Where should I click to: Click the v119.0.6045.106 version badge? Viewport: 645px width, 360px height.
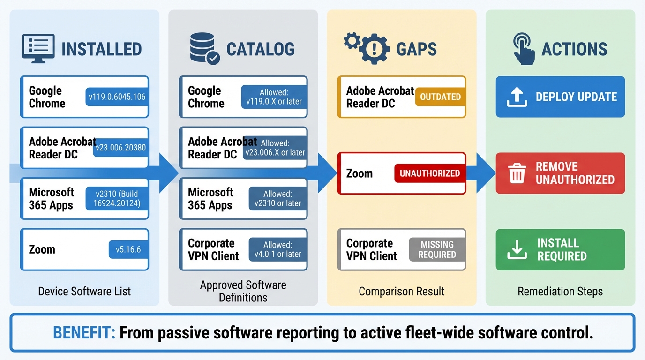point(117,97)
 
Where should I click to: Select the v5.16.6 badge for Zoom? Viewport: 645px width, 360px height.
point(128,249)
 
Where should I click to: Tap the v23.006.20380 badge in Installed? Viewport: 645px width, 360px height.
point(120,148)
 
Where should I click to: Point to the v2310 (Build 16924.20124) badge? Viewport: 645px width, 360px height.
point(117,199)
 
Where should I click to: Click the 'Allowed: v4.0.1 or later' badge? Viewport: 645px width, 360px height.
point(277,249)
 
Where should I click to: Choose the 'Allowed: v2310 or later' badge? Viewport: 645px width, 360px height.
point(277,199)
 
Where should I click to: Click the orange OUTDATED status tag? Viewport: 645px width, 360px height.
point(440,97)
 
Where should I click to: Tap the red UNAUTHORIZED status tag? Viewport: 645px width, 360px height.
point(429,173)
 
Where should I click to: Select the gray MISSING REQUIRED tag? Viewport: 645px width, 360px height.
point(437,249)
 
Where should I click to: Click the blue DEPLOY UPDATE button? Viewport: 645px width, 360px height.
point(560,97)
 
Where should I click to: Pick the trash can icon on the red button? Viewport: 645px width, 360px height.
point(517,173)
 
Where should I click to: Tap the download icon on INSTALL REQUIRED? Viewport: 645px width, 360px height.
point(517,250)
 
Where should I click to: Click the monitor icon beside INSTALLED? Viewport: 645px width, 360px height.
point(38,48)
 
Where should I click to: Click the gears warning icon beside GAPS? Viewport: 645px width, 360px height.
point(367,47)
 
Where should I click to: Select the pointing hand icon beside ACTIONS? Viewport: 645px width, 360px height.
point(524,48)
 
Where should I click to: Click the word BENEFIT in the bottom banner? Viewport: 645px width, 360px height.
point(84,333)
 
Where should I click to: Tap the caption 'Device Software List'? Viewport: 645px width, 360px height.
point(84,292)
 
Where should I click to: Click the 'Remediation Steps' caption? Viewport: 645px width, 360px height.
point(560,292)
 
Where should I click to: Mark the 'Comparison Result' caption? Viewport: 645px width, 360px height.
point(401,292)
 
